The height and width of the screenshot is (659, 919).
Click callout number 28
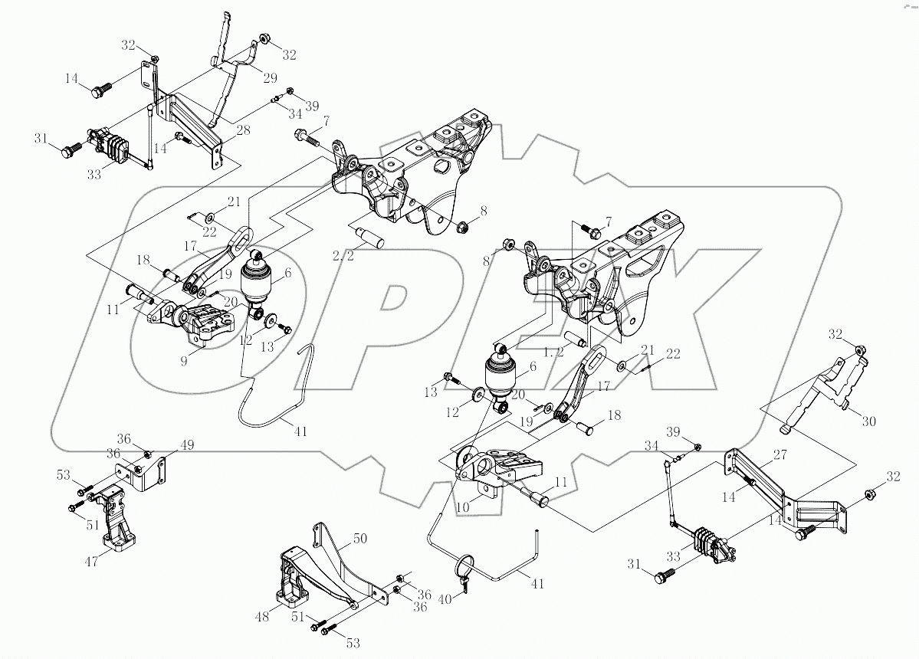tap(242, 130)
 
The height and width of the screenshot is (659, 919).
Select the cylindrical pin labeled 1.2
tap(575, 337)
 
